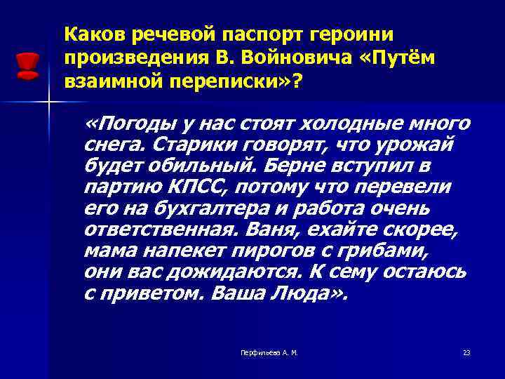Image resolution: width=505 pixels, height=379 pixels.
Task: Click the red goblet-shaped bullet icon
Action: pos(27,65)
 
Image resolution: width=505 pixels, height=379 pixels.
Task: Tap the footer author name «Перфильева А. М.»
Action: pos(269,352)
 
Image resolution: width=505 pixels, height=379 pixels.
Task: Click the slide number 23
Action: pos(466,352)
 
